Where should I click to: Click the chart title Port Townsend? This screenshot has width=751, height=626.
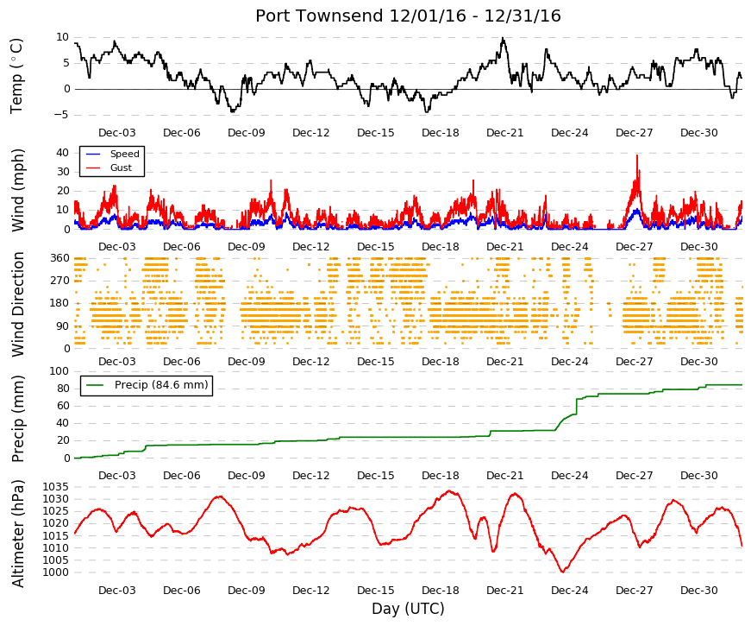tap(319, 16)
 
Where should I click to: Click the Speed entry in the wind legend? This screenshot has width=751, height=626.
tap(124, 154)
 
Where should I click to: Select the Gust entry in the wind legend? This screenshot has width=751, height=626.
tap(121, 168)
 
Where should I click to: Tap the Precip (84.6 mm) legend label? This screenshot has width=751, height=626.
tap(161, 385)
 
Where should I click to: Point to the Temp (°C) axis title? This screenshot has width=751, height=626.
tap(16, 76)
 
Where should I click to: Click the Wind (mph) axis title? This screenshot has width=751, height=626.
tap(17, 191)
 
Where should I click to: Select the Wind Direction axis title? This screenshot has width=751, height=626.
tap(17, 304)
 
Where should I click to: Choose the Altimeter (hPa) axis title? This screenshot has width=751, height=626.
tap(17, 534)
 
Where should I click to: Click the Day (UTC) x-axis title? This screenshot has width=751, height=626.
tap(408, 608)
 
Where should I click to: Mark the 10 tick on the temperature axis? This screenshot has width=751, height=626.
tap(63, 37)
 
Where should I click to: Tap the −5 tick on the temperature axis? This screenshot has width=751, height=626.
tap(61, 115)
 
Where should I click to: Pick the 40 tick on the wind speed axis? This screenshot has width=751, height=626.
tap(63, 153)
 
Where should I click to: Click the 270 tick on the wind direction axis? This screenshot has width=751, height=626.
tap(59, 281)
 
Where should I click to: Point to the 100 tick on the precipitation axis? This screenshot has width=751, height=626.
tap(59, 371)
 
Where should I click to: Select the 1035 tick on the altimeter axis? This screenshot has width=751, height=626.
tap(56, 487)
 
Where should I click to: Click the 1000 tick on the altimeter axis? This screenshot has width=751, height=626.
tap(56, 572)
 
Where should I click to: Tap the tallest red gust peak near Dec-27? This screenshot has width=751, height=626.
tap(637, 155)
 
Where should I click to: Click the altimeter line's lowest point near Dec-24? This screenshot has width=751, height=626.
tap(563, 572)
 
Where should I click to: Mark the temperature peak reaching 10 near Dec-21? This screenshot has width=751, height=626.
tap(503, 38)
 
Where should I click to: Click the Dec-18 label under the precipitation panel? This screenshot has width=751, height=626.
tap(440, 476)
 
